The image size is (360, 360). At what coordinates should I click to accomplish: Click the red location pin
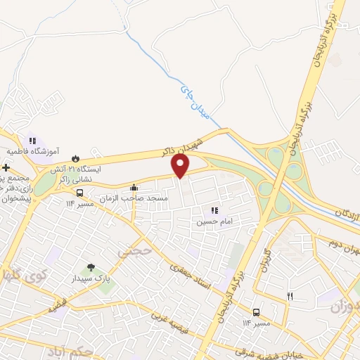[181, 165]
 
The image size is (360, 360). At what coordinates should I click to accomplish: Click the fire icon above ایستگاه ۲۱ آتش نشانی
[77, 158]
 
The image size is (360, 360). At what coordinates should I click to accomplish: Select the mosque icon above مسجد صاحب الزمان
[134, 187]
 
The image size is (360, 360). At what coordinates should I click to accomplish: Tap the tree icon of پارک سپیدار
[90, 267]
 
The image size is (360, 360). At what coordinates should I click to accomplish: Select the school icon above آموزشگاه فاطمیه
[32, 141]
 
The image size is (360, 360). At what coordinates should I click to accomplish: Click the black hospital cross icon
[5, 168]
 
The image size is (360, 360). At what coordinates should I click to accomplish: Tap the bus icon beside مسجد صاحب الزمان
[79, 193]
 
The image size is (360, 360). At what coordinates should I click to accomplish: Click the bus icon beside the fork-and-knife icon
[257, 311]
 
